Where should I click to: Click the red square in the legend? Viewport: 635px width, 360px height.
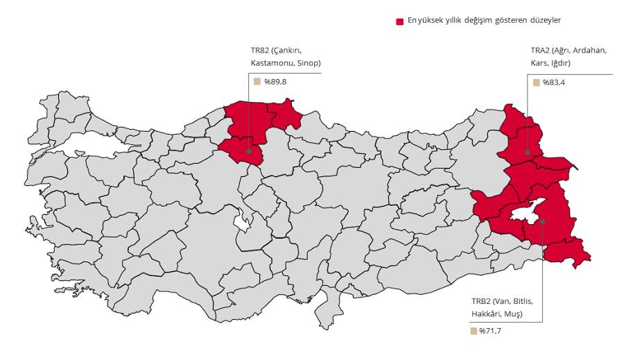point(400,22)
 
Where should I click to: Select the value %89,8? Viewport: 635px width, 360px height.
point(275,82)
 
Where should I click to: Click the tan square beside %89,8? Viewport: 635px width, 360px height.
point(256,81)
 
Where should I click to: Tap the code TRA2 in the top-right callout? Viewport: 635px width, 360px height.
point(541,51)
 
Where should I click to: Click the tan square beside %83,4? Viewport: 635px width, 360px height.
point(536,83)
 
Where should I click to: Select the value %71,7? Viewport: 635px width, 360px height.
point(490,331)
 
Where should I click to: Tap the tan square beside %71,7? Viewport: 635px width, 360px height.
point(473,331)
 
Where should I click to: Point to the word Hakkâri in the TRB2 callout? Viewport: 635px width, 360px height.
point(486,314)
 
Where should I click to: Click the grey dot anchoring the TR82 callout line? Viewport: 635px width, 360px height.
point(248,151)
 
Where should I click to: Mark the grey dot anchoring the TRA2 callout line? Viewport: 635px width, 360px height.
point(528,152)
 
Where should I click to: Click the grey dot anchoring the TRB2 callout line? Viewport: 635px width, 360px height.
point(543,221)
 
